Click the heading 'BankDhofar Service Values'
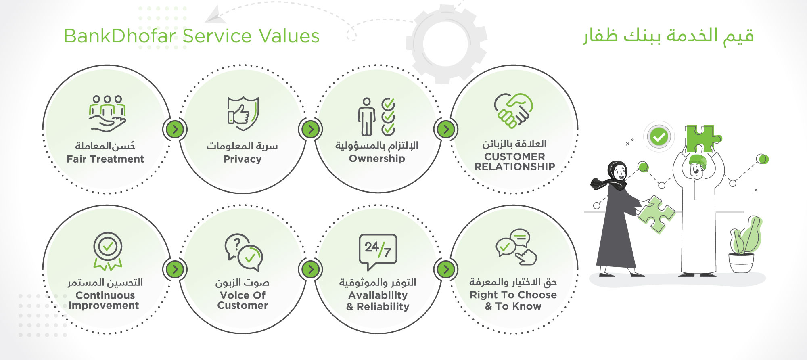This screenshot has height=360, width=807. point(192,36)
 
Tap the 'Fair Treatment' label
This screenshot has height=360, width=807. point(105,159)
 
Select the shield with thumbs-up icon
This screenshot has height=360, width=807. point(243,113)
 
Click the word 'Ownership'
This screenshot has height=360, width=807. point(377,159)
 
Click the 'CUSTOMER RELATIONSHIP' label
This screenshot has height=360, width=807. point(514,161)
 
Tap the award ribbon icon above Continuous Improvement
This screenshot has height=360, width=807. point(108,251)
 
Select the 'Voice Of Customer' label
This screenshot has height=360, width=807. point(243,300)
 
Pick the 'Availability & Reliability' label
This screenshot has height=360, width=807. point(378,301)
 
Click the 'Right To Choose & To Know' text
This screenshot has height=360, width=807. point(513,300)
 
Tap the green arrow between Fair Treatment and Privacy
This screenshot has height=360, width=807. point(175,130)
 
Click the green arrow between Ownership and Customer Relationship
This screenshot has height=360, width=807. point(446,130)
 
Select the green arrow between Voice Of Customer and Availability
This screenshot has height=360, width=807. point(311,269)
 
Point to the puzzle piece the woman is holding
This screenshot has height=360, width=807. point(656,214)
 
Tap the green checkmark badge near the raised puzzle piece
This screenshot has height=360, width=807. point(659,137)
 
